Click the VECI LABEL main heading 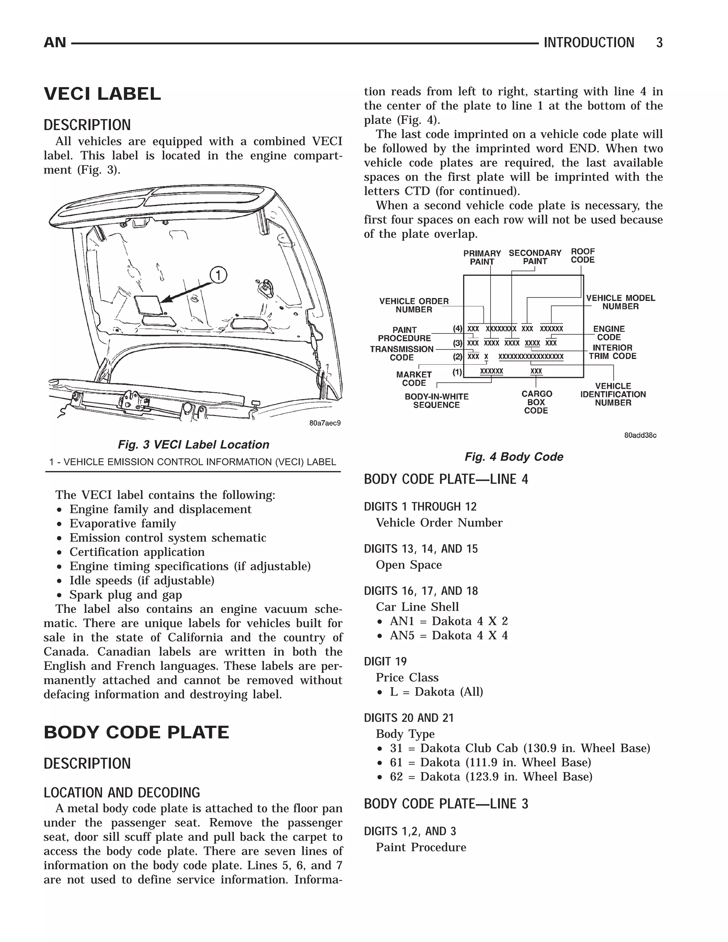click(102, 94)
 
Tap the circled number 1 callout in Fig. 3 click(218, 275)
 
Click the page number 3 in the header click(659, 43)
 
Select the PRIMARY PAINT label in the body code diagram click(482, 257)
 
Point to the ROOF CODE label click(583, 256)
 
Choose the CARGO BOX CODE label click(536, 402)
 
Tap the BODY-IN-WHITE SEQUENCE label click(437, 401)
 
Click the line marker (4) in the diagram click(457, 329)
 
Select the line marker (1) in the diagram click(457, 372)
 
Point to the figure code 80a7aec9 click(325, 423)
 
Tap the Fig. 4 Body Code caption click(514, 457)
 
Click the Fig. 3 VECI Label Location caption click(193, 445)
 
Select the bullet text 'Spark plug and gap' click(125, 595)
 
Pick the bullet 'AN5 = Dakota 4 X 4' click(449, 635)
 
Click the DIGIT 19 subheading click(385, 662)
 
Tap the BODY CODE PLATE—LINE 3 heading click(446, 804)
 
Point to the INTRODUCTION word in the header click(589, 43)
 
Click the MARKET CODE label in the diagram click(414, 379)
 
